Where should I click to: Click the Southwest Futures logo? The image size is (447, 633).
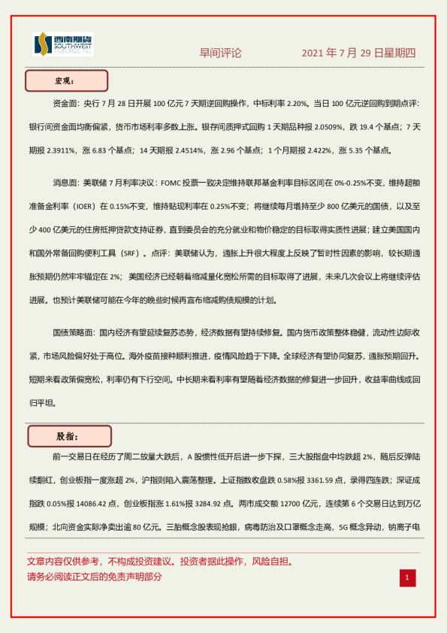pos(63,44)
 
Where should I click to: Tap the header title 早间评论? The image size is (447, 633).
pos(220,53)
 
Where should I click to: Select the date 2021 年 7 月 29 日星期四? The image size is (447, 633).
pos(358,53)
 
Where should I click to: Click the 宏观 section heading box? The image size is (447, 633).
pos(66,80)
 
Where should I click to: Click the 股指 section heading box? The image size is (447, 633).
pos(69,436)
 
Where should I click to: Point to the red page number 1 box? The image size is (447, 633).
pos(406,577)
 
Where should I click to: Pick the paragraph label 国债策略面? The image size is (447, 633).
pos(73,332)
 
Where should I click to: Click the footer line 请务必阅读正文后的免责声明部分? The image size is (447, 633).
pos(94,577)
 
